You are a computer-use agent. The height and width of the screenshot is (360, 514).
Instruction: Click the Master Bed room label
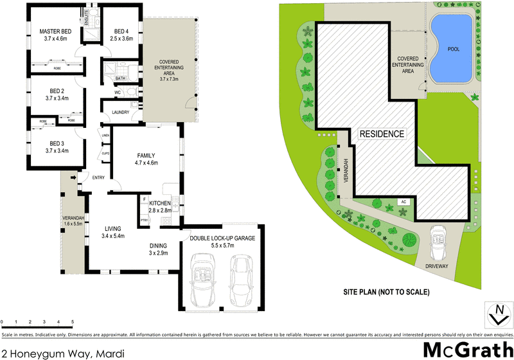54,32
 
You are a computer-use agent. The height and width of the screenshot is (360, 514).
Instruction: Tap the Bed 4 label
122,32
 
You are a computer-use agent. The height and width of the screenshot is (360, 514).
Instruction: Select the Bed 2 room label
57,90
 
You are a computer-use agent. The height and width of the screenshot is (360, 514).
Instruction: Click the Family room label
146,155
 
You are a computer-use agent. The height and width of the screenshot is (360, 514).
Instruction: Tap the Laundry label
121,113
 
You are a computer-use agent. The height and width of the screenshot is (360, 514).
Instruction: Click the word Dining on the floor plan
158,245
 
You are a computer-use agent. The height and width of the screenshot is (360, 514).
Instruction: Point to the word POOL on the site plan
454,48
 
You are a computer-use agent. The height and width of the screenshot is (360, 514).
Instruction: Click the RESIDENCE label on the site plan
382,134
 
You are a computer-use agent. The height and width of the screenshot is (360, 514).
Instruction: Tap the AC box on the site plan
403,202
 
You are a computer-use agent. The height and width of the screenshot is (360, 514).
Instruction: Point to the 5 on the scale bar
73,321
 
